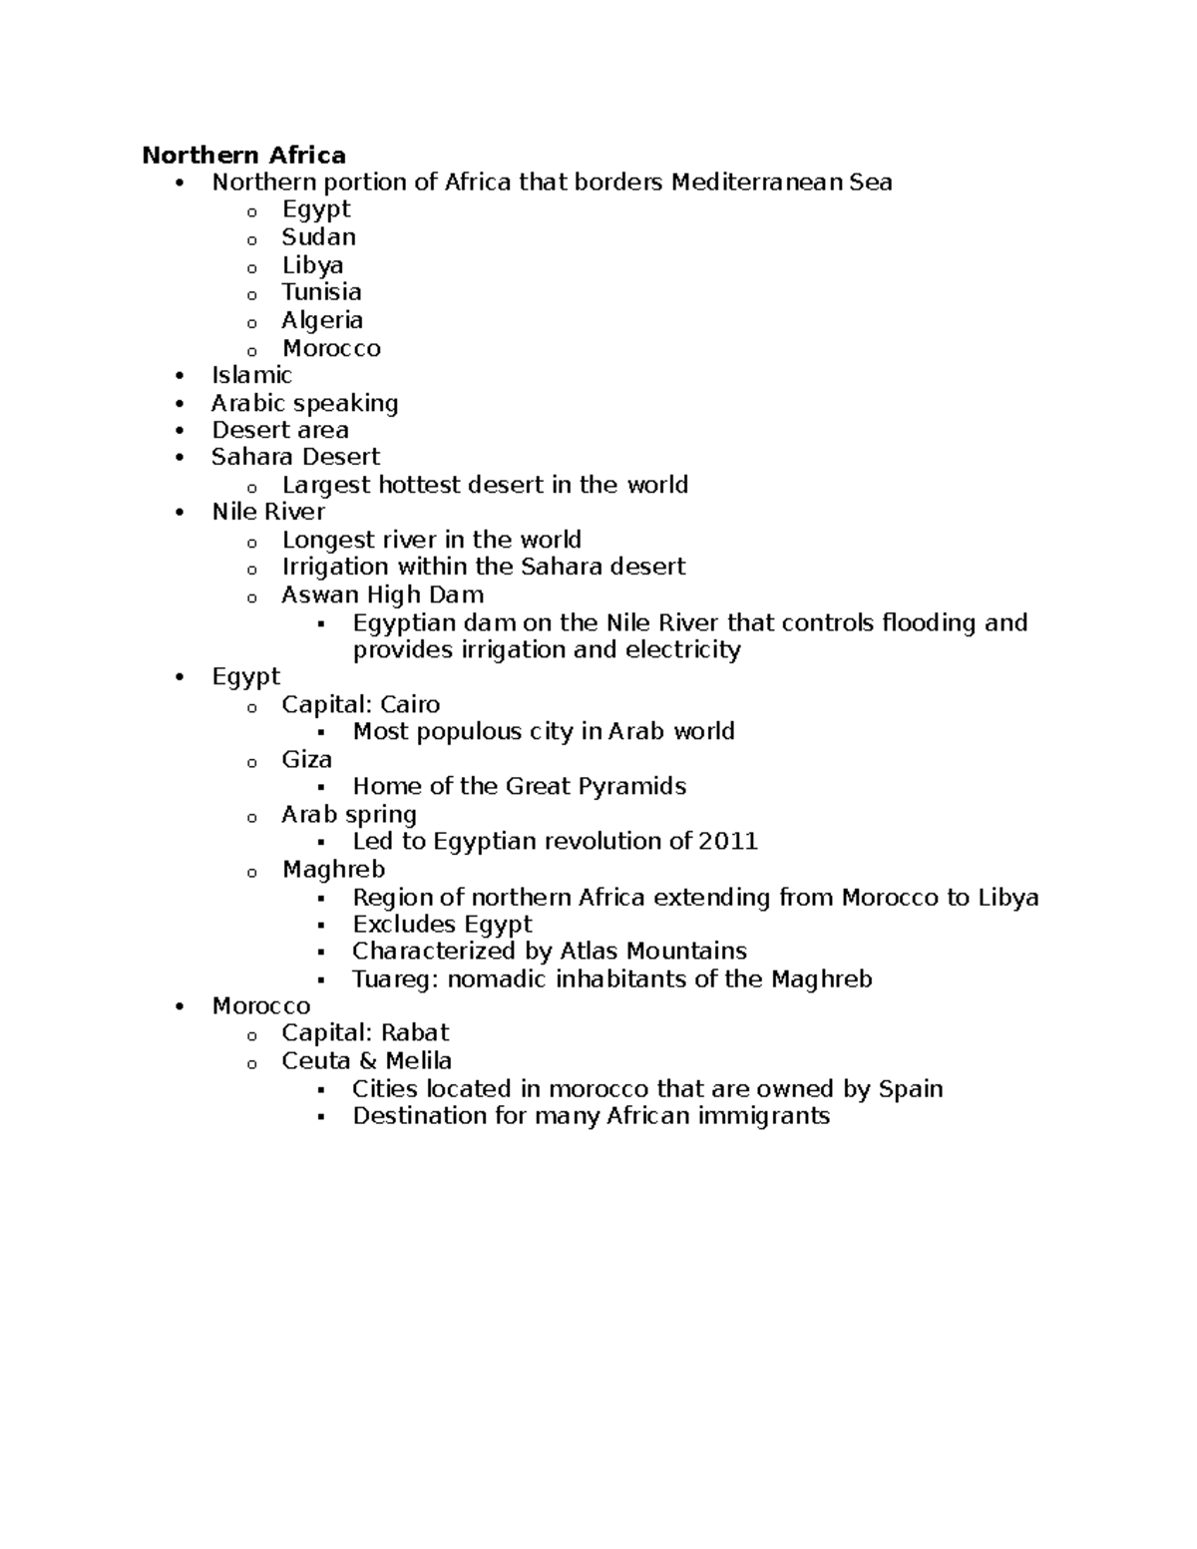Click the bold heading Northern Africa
coord(243,155)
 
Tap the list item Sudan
coord(318,237)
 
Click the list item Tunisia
coord(321,292)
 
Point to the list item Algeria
coord(321,320)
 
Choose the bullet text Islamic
coord(251,375)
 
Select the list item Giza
coord(306,759)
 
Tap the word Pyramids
coord(638,786)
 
